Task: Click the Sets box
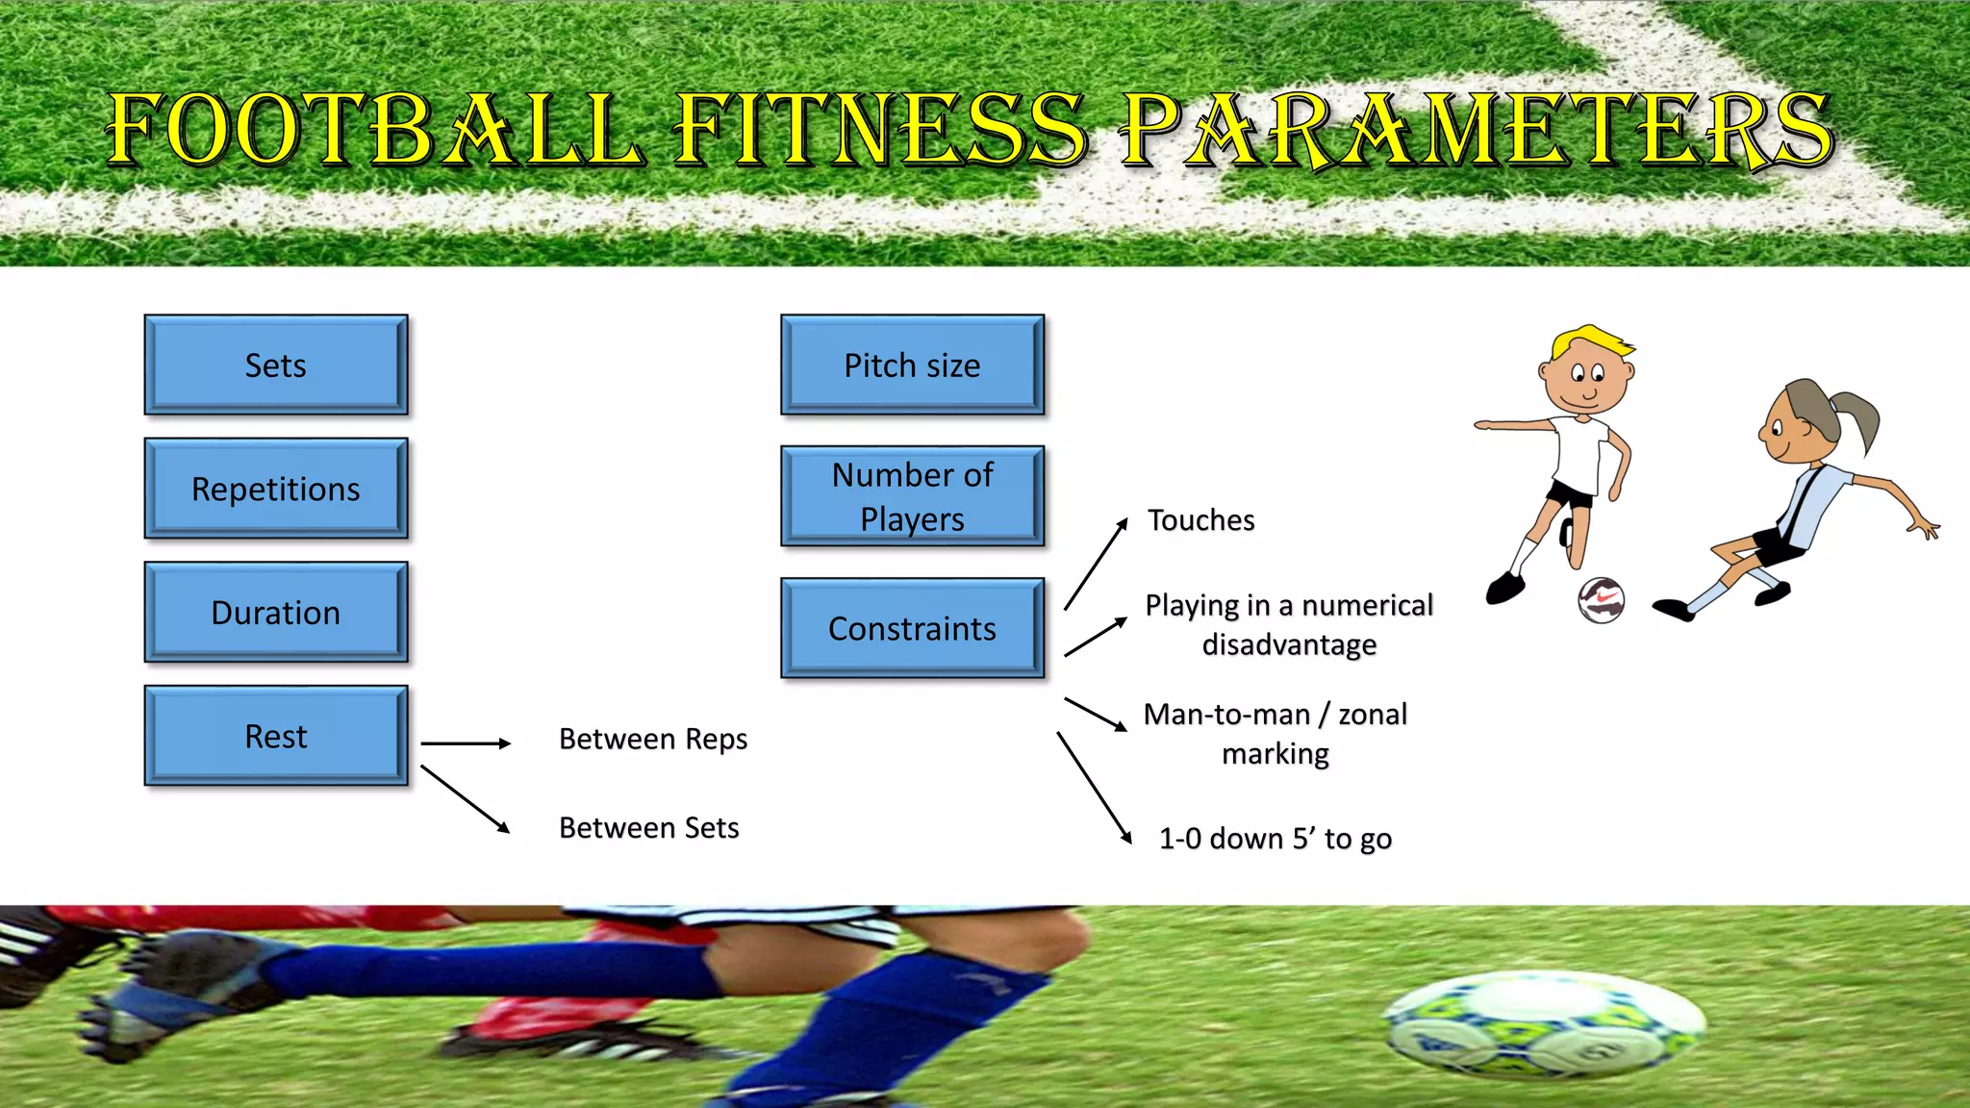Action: [276, 365]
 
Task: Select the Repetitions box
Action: [276, 489]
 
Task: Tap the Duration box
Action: [276, 613]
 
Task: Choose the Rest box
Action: [276, 736]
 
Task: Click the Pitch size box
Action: [912, 365]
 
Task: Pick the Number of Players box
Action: [912, 496]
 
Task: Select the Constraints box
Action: [912, 628]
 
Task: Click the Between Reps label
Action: [653, 739]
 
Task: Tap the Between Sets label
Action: [649, 827]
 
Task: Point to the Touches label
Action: [1201, 520]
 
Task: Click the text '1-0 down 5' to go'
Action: [1275, 839]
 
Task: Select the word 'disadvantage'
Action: [1289, 644]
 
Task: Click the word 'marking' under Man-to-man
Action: [1275, 754]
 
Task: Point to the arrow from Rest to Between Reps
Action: [466, 743]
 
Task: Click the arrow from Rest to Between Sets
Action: [465, 799]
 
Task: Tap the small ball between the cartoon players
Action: [1601, 600]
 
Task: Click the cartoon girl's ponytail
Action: [1856, 419]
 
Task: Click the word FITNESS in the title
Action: [880, 130]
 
